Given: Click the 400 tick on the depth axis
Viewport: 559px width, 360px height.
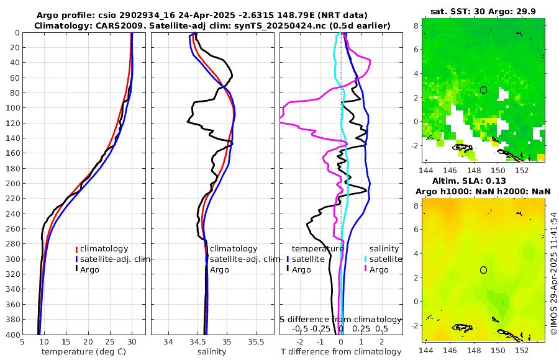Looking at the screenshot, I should pos(12,335).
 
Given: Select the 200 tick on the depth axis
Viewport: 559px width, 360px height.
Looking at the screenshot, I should pos(12,184).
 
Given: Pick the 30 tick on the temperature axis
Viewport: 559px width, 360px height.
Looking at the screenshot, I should pos(132,342).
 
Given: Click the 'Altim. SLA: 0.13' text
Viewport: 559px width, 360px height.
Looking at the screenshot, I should pos(483,181).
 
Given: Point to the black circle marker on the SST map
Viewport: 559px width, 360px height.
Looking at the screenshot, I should pos(483,90).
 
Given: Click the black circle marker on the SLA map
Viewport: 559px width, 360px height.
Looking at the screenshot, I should pos(483,270).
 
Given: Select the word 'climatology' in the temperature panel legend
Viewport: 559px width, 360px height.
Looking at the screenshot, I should pos(104,249).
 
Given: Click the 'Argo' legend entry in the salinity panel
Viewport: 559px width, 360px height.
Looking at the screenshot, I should pos(219,270).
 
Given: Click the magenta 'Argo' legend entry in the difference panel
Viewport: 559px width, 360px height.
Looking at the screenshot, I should pos(379,270).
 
